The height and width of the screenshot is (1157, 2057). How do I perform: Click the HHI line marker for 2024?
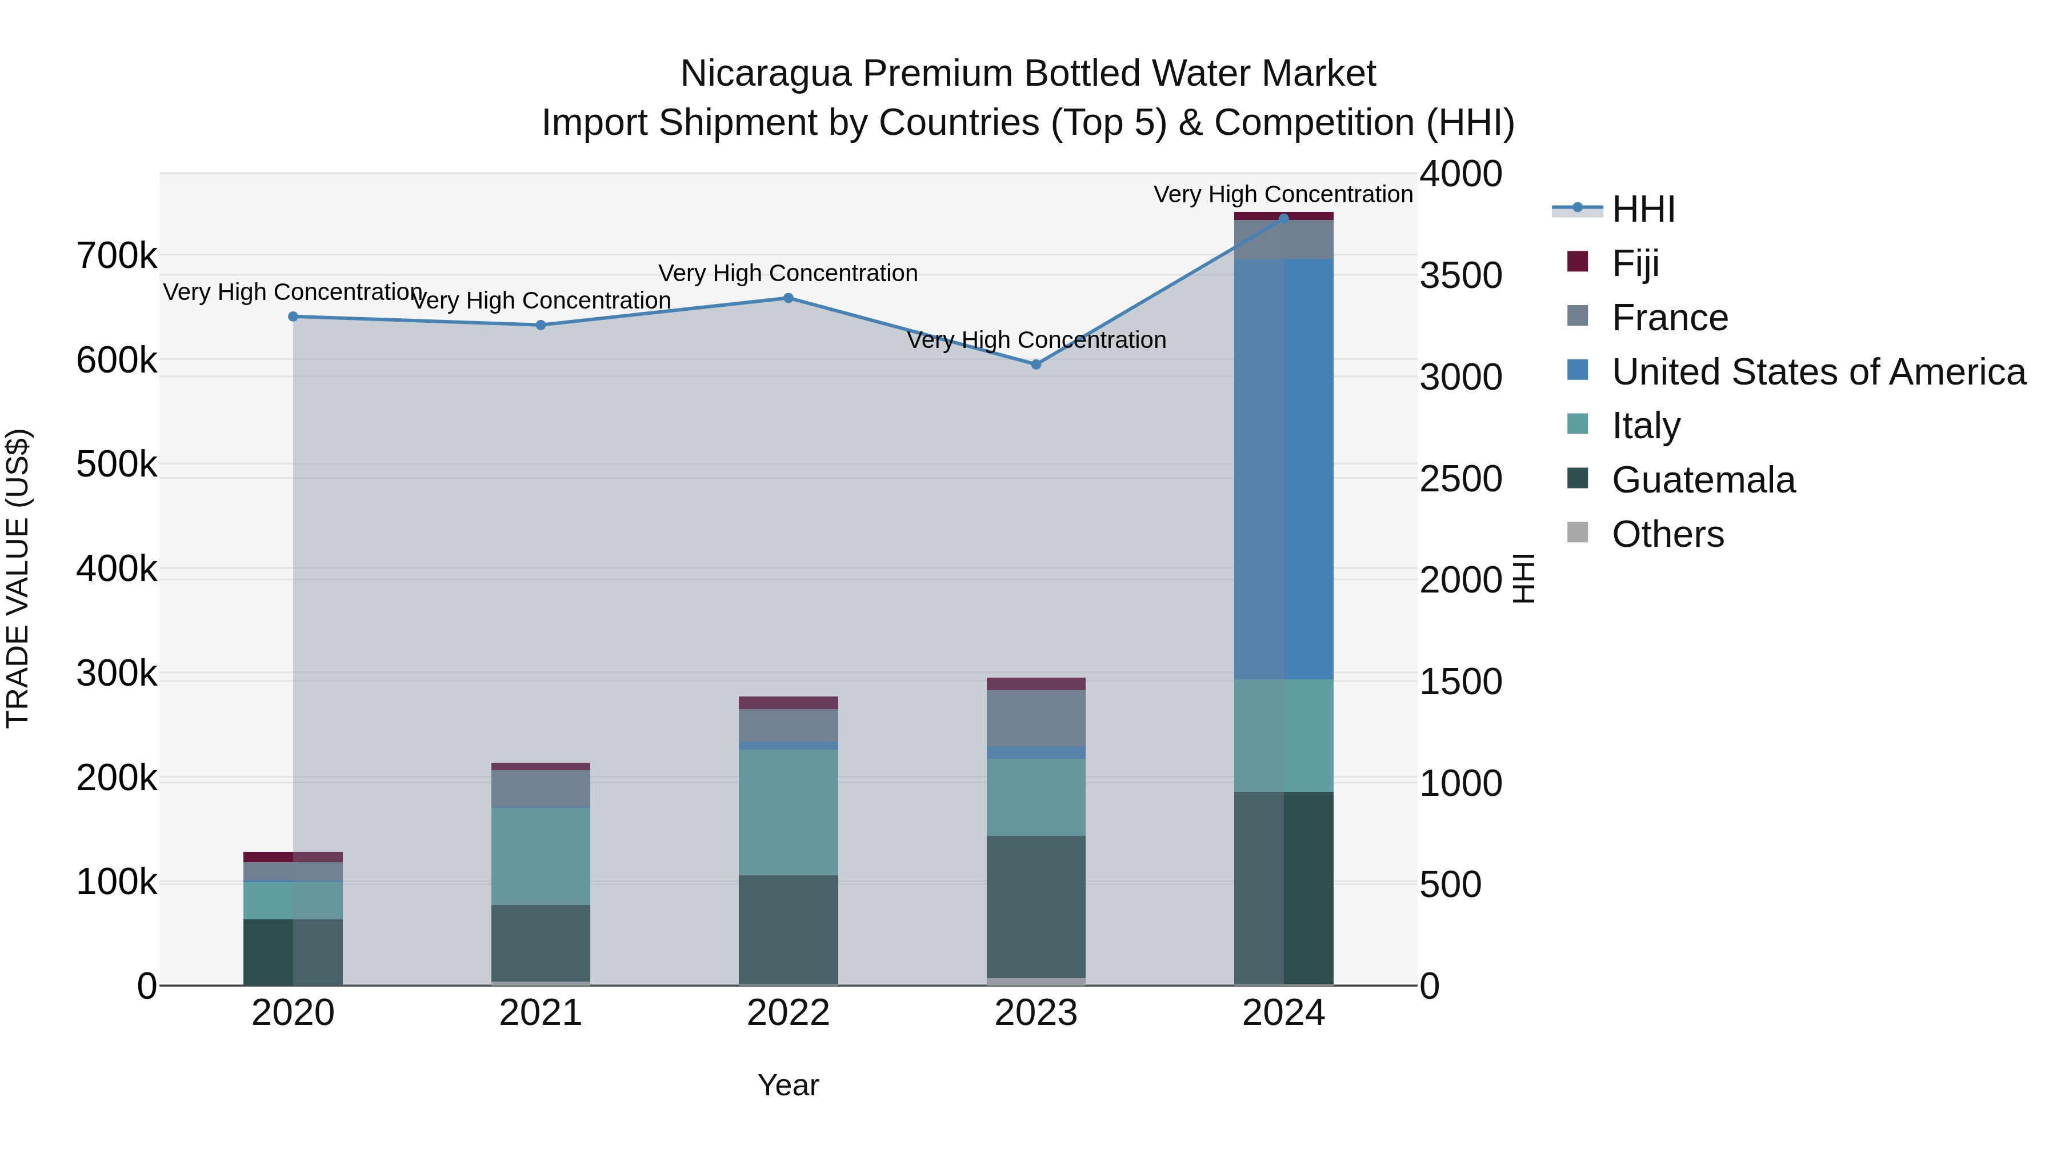pyautogui.click(x=1283, y=218)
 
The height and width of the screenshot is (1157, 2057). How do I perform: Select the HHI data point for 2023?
pyautogui.click(x=1036, y=364)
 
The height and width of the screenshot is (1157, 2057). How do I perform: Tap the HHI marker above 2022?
pyautogui.click(x=788, y=298)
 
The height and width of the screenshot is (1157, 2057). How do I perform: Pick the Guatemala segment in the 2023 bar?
pyautogui.click(x=1036, y=906)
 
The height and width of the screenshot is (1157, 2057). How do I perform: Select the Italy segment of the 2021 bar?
pyautogui.click(x=541, y=855)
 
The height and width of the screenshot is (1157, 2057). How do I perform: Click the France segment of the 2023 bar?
pyautogui.click(x=1036, y=717)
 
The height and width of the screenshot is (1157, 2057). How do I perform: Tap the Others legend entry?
pyautogui.click(x=1667, y=534)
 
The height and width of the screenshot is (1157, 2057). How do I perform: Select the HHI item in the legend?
pyautogui.click(x=1643, y=209)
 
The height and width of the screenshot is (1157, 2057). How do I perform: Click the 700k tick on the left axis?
pyautogui.click(x=117, y=257)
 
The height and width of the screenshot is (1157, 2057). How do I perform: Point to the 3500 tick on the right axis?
pyautogui.click(x=1460, y=275)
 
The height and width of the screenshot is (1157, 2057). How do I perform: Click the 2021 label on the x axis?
pyautogui.click(x=541, y=1013)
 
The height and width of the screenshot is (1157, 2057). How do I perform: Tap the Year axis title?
pyautogui.click(x=788, y=1085)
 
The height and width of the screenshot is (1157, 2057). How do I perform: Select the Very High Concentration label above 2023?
pyautogui.click(x=1036, y=340)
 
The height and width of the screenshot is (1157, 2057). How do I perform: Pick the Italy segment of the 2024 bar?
pyautogui.click(x=1283, y=735)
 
